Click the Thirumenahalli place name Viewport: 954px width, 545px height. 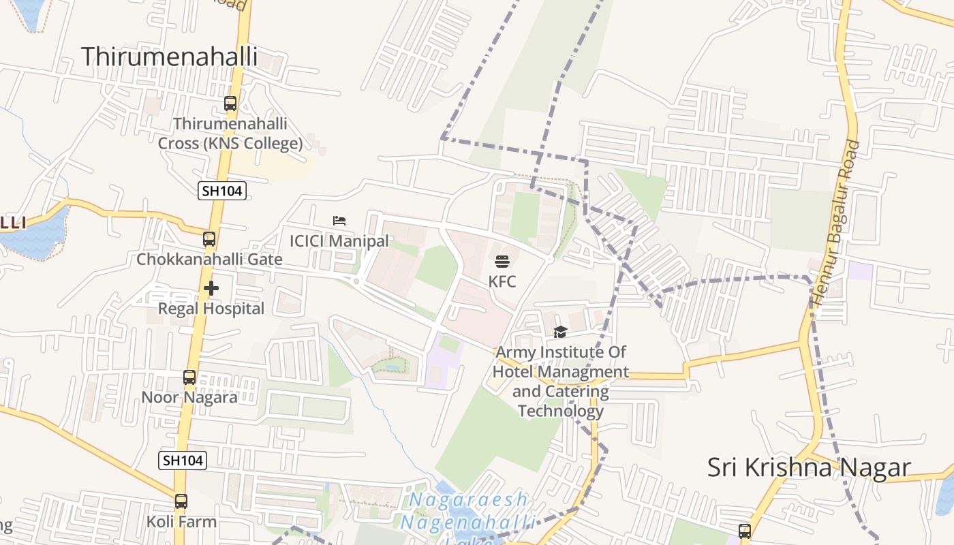[x=169, y=57]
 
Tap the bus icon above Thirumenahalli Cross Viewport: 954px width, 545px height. [x=230, y=104]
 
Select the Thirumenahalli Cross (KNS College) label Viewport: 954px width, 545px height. [x=230, y=134]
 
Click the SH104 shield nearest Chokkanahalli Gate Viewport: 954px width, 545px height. [x=221, y=191]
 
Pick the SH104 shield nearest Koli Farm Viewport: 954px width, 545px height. [x=183, y=461]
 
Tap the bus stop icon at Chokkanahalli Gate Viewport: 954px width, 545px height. [x=209, y=239]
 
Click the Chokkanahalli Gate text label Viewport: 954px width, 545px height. [x=209, y=259]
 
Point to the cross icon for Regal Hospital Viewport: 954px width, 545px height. [x=211, y=288]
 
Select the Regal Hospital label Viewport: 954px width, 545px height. [x=211, y=309]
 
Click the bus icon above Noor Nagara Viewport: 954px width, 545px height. [x=189, y=377]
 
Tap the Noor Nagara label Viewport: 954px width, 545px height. [x=189, y=397]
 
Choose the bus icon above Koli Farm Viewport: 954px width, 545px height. [x=181, y=501]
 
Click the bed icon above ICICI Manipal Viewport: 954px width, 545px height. [x=339, y=221]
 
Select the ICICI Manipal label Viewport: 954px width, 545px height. [x=339, y=240]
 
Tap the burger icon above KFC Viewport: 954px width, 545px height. [x=502, y=261]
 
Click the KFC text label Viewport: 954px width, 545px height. [x=502, y=281]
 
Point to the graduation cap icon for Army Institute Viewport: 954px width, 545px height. [x=560, y=332]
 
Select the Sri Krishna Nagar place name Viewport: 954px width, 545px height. [x=809, y=467]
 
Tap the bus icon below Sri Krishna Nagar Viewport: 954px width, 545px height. [x=745, y=531]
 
